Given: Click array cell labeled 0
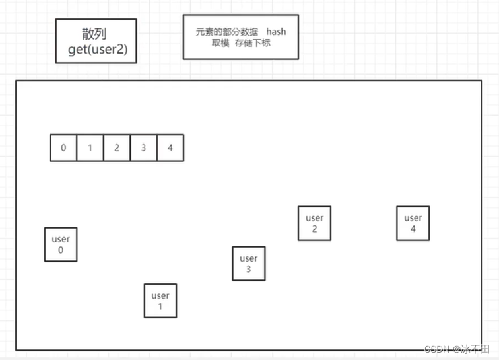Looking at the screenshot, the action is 63,148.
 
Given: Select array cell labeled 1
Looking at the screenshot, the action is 90,148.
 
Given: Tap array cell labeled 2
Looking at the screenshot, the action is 117,148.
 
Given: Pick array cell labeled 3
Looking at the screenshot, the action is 144,148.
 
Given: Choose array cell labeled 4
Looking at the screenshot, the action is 170,148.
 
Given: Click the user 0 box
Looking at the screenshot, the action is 61,244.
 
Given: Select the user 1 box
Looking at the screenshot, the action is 160,301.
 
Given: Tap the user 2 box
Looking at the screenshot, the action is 314,223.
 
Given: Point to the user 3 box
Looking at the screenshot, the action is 249,264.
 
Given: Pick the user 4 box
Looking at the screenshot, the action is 413,223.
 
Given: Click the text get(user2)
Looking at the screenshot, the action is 96,50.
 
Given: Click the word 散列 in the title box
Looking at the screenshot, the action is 94,34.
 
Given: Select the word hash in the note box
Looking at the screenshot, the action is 276,32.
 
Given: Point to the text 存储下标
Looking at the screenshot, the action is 256,43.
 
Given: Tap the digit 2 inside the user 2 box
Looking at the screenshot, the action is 314,229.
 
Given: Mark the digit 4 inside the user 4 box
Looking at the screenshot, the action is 413,229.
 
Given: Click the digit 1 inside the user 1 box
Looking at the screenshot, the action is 160,306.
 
